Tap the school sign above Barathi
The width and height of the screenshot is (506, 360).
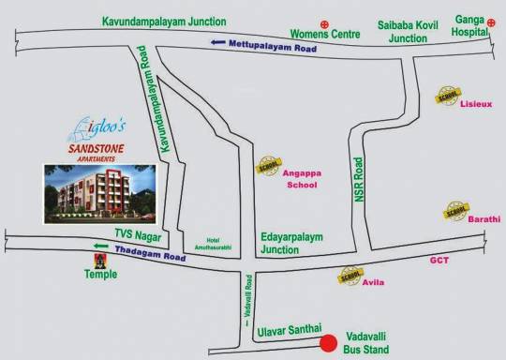click(457, 207)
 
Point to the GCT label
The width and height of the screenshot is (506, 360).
click(439, 261)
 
